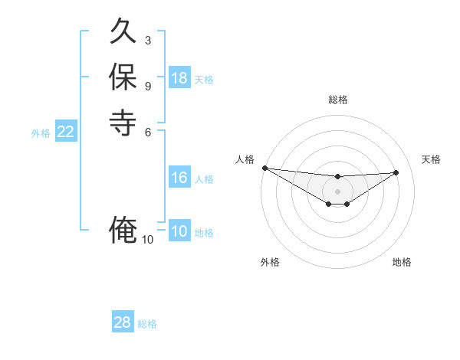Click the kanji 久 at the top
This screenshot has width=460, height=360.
[123, 33]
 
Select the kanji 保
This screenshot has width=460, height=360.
[123, 77]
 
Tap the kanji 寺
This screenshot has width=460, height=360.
[123, 121]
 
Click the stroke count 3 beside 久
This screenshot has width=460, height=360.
[148, 40]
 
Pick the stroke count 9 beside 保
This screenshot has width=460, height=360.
[148, 85]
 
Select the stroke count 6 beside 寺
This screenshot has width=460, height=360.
[148, 131]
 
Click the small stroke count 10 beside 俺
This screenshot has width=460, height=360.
[148, 240]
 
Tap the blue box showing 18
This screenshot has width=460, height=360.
[179, 78]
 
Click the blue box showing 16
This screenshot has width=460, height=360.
[179, 178]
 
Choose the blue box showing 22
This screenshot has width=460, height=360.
[66, 132]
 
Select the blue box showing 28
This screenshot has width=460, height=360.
[123, 322]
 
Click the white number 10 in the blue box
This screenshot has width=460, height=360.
[179, 231]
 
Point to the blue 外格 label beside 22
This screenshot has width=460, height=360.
[41, 133]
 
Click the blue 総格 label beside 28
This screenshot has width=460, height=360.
[147, 324]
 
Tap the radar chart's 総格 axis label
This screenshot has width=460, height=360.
[337, 100]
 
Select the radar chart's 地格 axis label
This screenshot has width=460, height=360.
[402, 262]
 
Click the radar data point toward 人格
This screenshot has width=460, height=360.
[264, 168]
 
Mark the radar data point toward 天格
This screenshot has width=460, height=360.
[396, 172]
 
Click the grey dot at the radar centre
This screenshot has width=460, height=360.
[337, 191]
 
